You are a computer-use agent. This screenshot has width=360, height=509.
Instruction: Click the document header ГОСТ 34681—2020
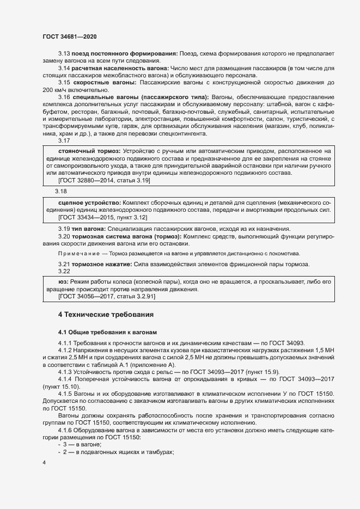[70, 36]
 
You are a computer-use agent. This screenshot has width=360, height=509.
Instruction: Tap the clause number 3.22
[64, 271]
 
